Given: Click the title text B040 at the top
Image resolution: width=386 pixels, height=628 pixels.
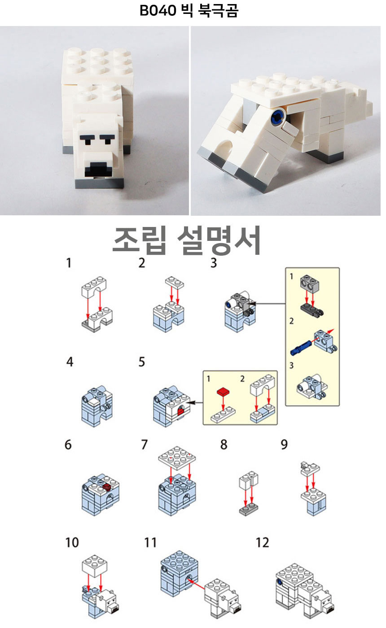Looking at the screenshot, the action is point(158,11).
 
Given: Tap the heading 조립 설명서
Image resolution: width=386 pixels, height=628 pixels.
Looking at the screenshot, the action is point(187,241).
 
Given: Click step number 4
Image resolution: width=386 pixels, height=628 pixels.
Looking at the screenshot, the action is point(70,362).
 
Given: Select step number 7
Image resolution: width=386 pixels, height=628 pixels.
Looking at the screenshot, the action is point(144,445).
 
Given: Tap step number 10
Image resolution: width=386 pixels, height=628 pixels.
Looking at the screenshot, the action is point(72,542).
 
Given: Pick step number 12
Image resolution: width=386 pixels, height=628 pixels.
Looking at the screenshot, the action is point(263,542).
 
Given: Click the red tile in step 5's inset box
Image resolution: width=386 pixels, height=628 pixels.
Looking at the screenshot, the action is point(224,391).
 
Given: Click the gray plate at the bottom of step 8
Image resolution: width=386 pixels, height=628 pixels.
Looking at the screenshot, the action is point(249,508).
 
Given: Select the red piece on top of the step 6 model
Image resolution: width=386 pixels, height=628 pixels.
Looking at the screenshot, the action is point(107,487).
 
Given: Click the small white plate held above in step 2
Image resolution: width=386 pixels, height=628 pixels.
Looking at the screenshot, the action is point(175,283).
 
